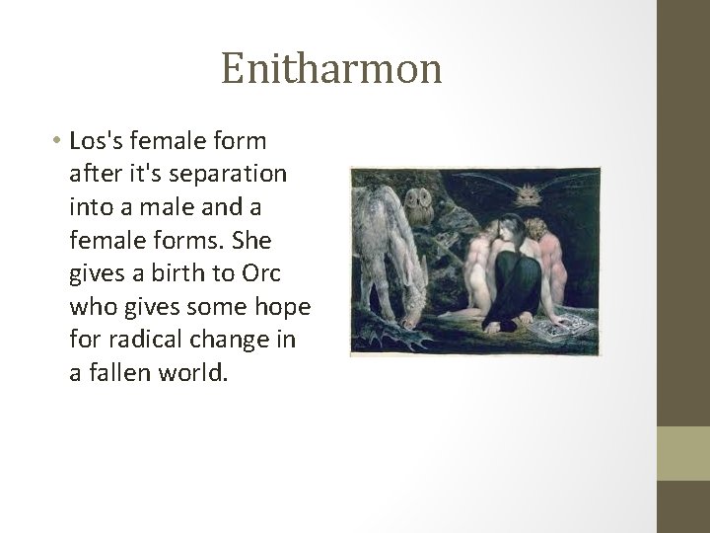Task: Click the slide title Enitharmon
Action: pyautogui.click(x=331, y=70)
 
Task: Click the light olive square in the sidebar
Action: pyautogui.click(x=683, y=453)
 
